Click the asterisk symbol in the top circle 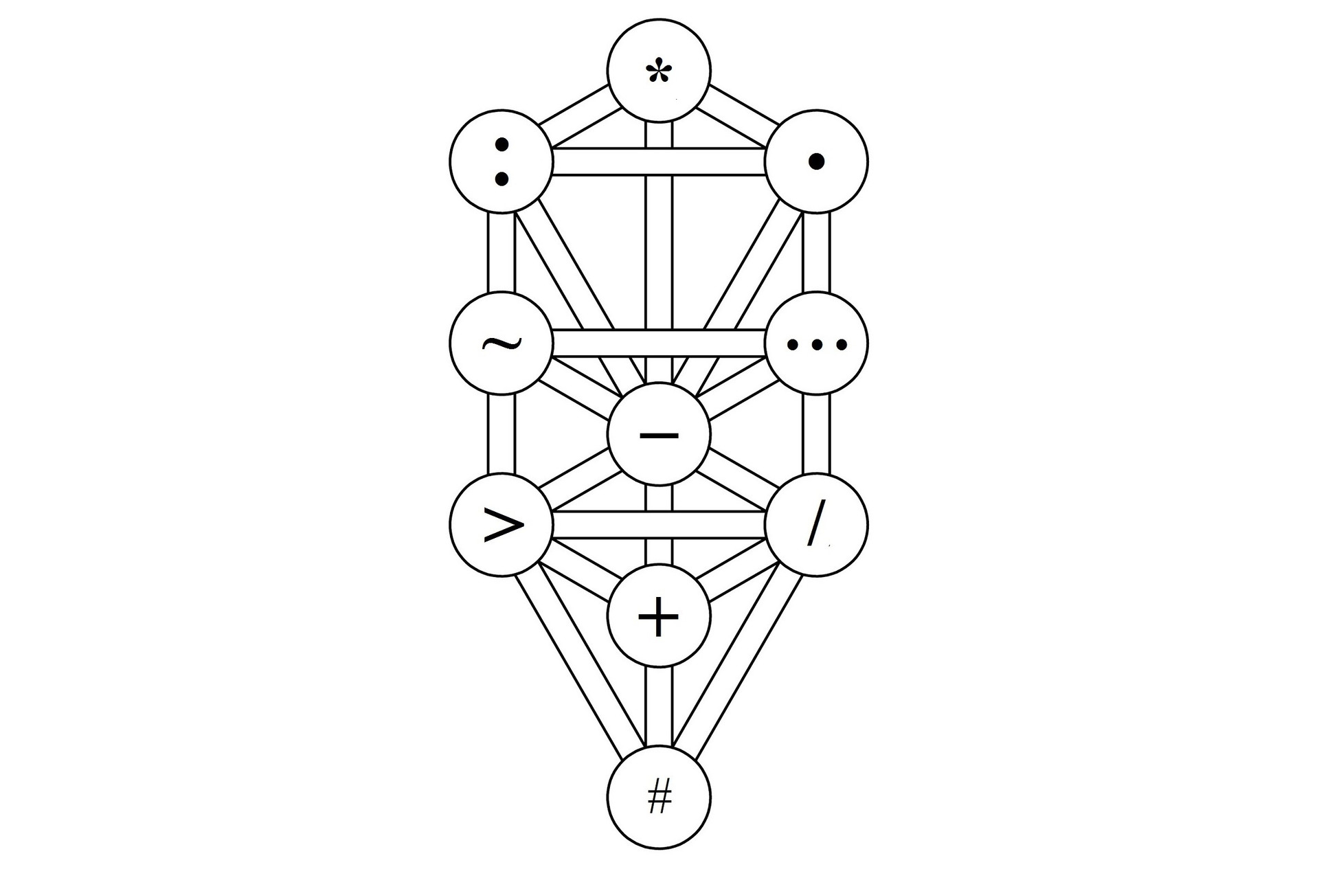click(x=658, y=71)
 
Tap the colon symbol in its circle click(x=501, y=162)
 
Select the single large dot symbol click(x=816, y=161)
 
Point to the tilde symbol click(x=501, y=343)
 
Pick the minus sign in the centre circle click(x=658, y=434)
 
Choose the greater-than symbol click(x=504, y=526)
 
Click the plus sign click(x=658, y=616)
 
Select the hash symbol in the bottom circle click(x=659, y=798)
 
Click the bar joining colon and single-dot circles click(x=659, y=162)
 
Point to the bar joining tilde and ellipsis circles click(x=659, y=343)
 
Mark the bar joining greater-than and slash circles click(x=659, y=525)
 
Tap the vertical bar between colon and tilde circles click(x=501, y=253)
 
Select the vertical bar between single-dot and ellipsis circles click(x=816, y=253)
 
